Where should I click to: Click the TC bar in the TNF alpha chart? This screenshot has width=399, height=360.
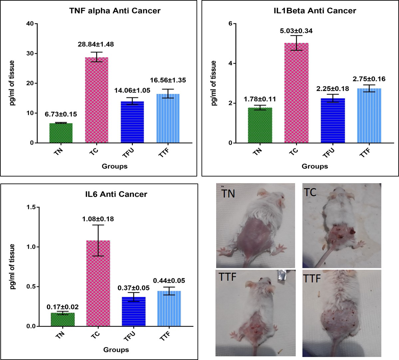pos(97,100)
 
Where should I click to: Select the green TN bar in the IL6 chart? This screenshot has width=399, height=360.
pos(63,319)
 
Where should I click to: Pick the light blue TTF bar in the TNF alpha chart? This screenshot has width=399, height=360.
pos(168,118)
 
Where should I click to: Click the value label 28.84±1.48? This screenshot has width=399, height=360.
pos(96,44)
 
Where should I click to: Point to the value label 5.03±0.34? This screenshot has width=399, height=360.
pos(296,31)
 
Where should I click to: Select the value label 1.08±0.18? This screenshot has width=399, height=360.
pos(98,219)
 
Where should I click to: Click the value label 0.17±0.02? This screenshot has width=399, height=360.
pos(63,307)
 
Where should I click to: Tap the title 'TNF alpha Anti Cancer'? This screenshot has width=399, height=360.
pos(115,11)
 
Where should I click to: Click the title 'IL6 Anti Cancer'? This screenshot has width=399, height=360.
pos(116,194)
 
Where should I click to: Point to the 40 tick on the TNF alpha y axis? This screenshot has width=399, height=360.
pos(31,24)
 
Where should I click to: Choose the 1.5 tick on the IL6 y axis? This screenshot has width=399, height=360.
pos(31,207)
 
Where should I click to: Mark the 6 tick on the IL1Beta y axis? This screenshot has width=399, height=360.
pos(230,24)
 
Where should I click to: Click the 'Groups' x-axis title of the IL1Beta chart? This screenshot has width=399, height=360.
pos(315,166)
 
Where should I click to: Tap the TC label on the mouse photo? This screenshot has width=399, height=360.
pos(310,192)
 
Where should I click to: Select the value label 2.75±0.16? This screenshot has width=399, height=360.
pos(369,79)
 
